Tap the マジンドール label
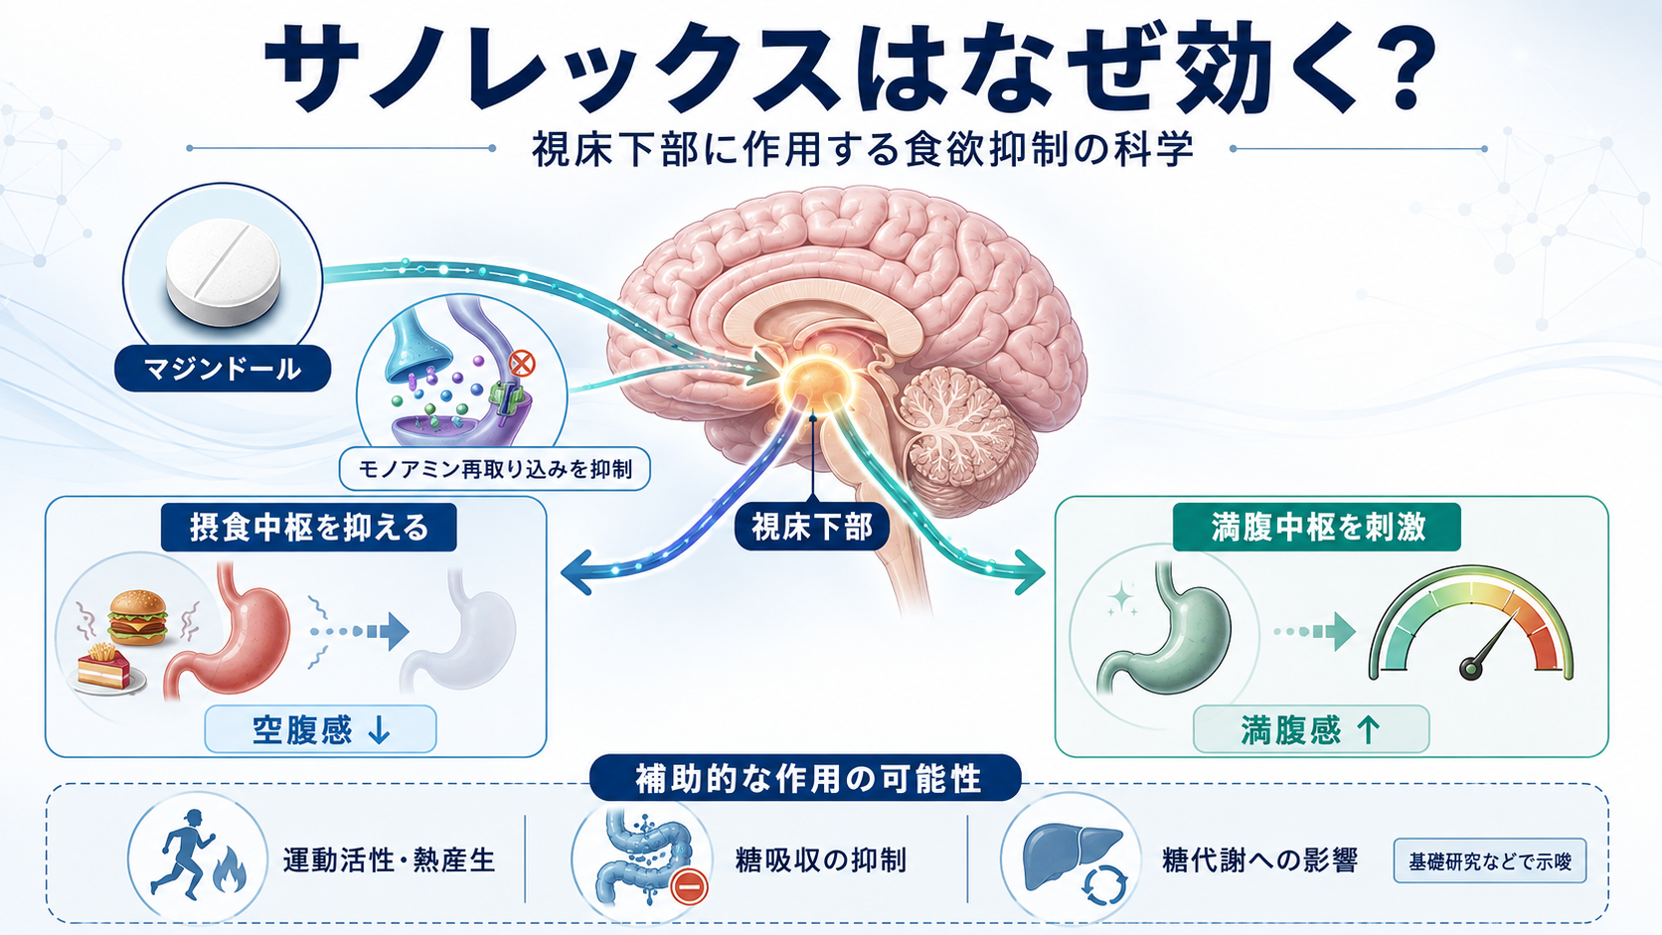coord(223,369)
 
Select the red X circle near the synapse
coord(522,364)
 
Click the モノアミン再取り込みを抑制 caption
coord(495,469)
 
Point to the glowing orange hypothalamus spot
coord(816,381)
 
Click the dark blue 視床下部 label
coord(812,528)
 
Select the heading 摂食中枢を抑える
coord(309,528)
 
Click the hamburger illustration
coord(137,617)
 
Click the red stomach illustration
coord(230,629)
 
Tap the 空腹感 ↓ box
coord(320,729)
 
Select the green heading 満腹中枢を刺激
coord(1317,528)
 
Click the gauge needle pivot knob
coord(1470,669)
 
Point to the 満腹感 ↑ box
coord(1311,729)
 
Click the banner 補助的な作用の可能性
coord(805,778)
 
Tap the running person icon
coord(181,854)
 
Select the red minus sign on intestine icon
coord(689,886)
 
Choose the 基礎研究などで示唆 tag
coord(1490,860)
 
